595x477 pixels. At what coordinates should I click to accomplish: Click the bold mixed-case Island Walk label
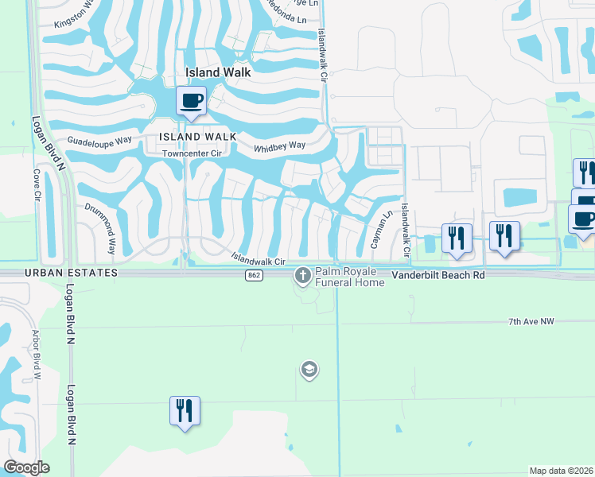pos(218,72)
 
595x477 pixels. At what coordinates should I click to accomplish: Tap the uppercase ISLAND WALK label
pos(197,137)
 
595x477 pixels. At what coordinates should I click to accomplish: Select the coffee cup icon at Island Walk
pos(191,102)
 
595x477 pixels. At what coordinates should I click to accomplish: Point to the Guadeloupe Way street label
pos(99,140)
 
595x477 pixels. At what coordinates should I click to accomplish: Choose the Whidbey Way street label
pos(279,146)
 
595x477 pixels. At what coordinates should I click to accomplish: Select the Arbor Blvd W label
pos(36,354)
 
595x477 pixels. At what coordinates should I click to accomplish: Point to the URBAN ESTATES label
pos(60,273)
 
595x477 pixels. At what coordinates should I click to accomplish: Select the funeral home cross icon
pos(302,276)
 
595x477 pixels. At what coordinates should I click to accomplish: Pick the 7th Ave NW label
pos(530,322)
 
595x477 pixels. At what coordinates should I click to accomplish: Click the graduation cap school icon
pos(309,369)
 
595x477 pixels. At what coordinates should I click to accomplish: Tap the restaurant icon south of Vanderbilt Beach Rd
pos(185,411)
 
